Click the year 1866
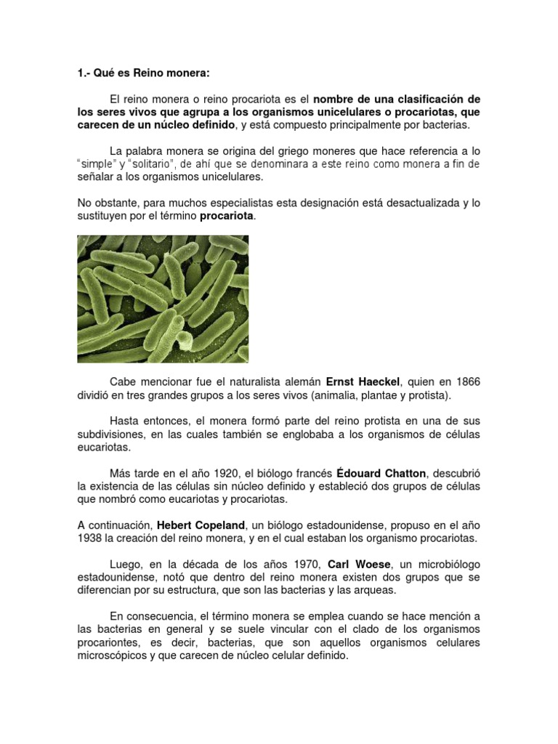point(466,381)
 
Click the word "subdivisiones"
point(113,434)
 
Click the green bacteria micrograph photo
point(163,299)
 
